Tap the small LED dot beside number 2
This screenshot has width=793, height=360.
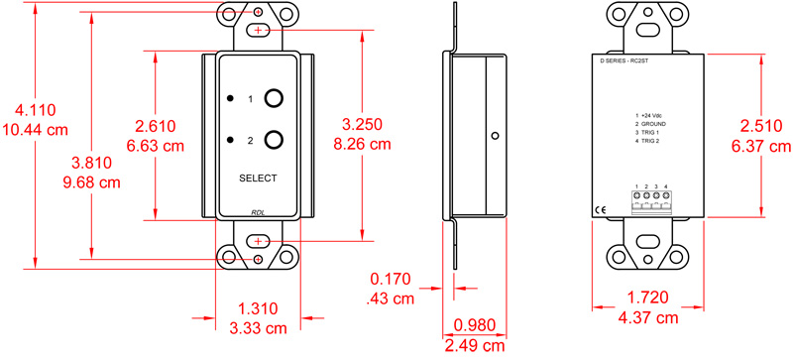click(230, 141)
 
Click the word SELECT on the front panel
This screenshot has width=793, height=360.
click(258, 179)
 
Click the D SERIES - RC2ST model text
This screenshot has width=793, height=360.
click(629, 60)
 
